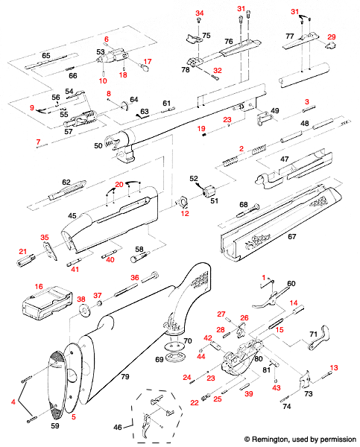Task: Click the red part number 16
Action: [39, 286]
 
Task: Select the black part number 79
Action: [125, 376]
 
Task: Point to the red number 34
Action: [200, 13]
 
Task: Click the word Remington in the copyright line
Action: [269, 440]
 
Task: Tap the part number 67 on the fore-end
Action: [292, 236]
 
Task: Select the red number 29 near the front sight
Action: [332, 37]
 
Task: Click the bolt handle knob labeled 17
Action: [145, 69]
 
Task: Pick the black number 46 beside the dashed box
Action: [118, 427]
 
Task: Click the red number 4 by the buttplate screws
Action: [13, 402]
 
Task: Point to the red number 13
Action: [334, 368]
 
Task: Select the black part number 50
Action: [98, 145]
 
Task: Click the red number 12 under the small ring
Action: [185, 213]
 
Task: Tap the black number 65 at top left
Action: [46, 55]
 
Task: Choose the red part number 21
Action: [23, 251]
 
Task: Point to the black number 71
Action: [314, 334]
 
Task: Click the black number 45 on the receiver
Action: [72, 215]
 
